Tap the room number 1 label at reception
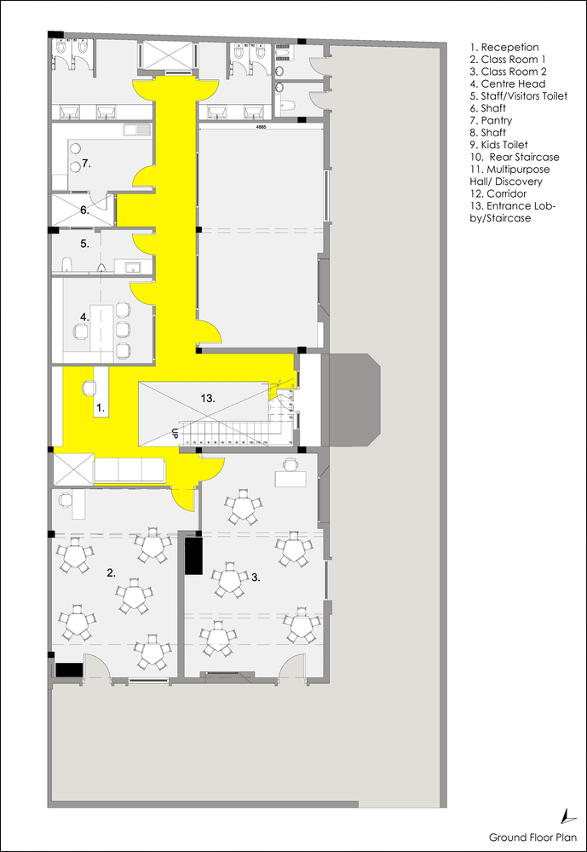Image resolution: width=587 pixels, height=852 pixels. coord(100,409)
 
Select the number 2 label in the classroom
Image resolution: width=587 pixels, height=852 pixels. coord(111,573)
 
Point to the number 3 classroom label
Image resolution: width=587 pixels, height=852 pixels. coord(255,577)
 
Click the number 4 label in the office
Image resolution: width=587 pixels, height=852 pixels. coord(83,317)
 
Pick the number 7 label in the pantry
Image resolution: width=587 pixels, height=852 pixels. coord(86,162)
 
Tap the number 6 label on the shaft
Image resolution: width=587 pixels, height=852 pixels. coord(84,210)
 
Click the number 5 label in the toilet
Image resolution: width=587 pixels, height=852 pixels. coord(84,244)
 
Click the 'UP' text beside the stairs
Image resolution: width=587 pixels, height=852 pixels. coord(175,432)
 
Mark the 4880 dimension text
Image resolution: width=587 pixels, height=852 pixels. coord(261,128)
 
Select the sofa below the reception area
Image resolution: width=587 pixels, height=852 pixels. coord(129,469)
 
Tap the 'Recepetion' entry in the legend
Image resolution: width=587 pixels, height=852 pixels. coord(509,48)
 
